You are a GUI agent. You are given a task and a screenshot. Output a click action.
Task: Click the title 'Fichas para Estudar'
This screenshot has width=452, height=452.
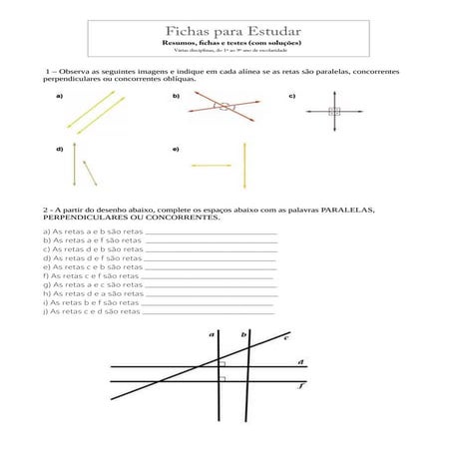pyautogui.click(x=226, y=34)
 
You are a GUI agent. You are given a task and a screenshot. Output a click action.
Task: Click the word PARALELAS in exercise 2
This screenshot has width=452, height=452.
pyautogui.click(x=345, y=211)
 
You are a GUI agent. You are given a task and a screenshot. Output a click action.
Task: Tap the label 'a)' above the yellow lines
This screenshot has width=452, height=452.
pyautogui.click(x=60, y=96)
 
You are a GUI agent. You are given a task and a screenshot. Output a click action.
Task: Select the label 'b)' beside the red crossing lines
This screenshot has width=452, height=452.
pyautogui.click(x=176, y=96)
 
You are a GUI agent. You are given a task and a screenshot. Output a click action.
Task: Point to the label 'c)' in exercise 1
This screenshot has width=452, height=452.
pyautogui.click(x=292, y=96)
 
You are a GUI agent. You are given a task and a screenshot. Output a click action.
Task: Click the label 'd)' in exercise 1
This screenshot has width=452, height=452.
pyautogui.click(x=60, y=149)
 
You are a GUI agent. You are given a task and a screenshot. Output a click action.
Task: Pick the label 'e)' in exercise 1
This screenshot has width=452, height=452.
pyautogui.click(x=176, y=149)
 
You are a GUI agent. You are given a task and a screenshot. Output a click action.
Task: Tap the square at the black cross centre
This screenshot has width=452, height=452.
pyautogui.click(x=333, y=112)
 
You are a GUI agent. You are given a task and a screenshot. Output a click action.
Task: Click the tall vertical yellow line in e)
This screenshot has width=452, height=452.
pyautogui.click(x=244, y=170)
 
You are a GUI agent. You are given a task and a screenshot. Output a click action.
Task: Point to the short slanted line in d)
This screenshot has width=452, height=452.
pyautogui.click(x=90, y=172)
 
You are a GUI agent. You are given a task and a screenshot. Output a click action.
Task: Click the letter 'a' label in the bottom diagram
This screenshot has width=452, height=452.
pyautogui.click(x=212, y=335)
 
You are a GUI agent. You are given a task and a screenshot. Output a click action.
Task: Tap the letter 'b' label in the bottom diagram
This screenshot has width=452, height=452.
pyautogui.click(x=243, y=335)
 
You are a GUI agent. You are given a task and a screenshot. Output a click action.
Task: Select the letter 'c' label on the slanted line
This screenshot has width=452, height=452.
pyautogui.click(x=286, y=338)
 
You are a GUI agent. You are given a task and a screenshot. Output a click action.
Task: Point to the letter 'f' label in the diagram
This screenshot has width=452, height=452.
pyautogui.click(x=301, y=384)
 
